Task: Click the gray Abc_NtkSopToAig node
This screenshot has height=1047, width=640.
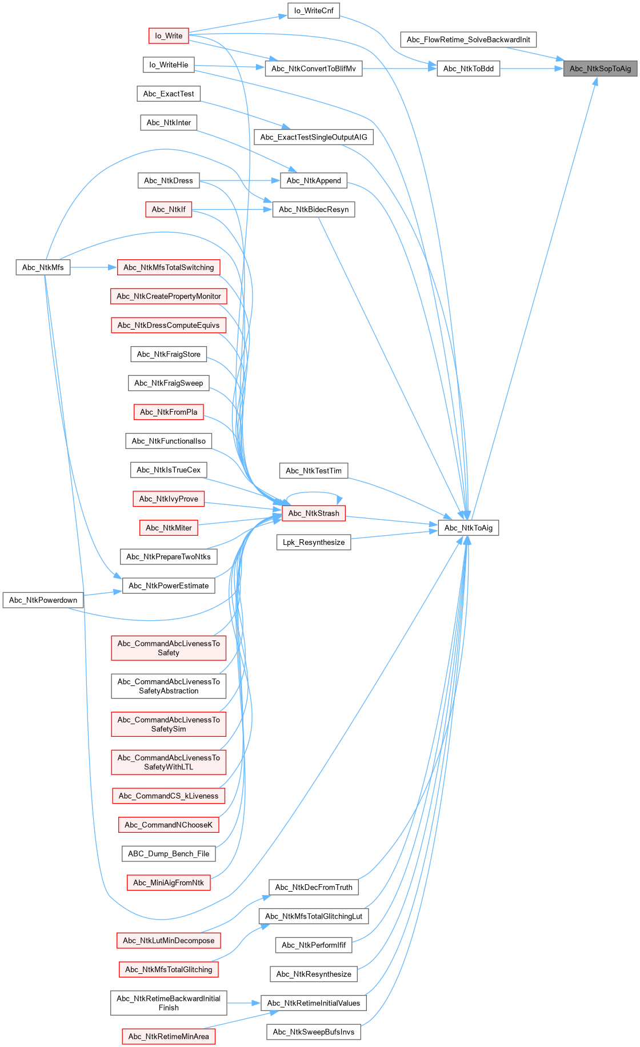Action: [x=600, y=69]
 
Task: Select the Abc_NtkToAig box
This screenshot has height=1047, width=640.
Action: [x=468, y=528]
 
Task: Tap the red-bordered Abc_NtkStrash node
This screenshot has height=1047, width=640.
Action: [x=314, y=513]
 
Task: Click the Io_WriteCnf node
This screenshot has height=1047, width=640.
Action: [x=314, y=11]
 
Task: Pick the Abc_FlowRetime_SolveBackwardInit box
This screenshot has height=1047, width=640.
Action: [x=468, y=39]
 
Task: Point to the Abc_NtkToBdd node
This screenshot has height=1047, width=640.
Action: [x=468, y=69]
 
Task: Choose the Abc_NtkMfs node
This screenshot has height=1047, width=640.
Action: [x=43, y=267]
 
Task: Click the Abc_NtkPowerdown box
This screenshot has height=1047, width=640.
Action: [x=43, y=600]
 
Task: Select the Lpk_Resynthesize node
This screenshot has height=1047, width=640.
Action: [x=314, y=542]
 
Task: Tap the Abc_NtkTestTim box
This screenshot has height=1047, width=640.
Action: [x=314, y=471]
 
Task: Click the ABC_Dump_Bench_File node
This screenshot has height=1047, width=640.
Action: [x=169, y=853]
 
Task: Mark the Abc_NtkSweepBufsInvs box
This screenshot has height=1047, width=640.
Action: [x=314, y=1032]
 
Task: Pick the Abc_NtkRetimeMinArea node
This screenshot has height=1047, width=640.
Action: [x=169, y=1036]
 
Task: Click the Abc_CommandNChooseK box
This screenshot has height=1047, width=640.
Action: [x=169, y=825]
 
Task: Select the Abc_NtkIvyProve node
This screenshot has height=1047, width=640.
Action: [x=169, y=499]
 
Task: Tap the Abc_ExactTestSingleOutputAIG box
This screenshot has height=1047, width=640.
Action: [x=314, y=137]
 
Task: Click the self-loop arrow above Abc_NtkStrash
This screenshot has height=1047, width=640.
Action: [x=314, y=492]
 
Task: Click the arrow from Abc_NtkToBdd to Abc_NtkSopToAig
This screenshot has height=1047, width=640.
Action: [x=531, y=69]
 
